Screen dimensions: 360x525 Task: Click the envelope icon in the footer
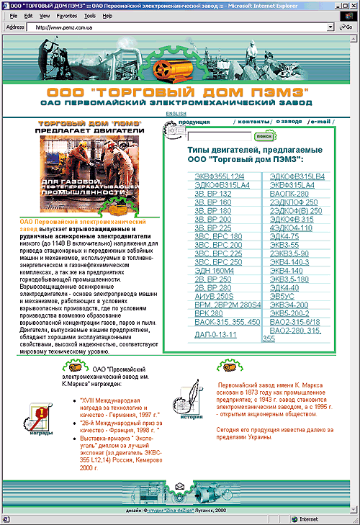coord(181,490)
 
